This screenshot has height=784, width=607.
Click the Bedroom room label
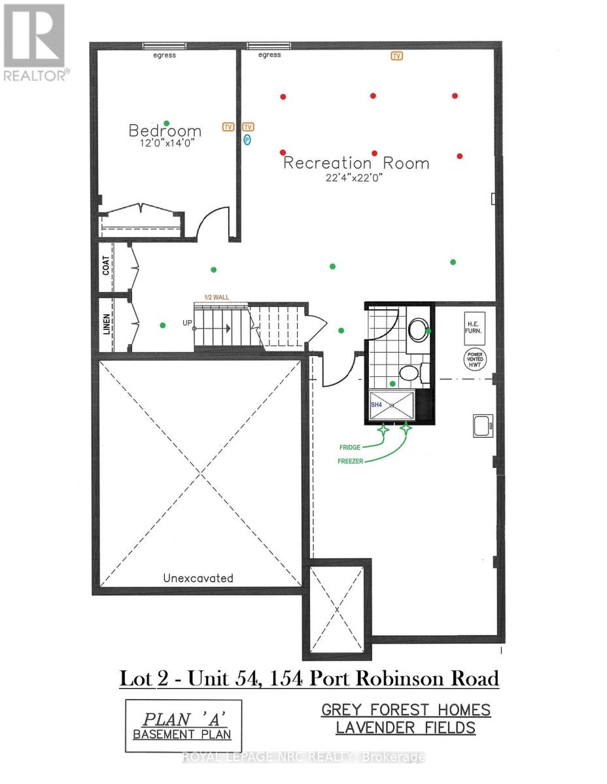pyautogui.click(x=165, y=131)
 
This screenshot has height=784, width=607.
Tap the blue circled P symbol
pyautogui.click(x=247, y=139)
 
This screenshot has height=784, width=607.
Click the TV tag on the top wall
pyautogui.click(x=396, y=56)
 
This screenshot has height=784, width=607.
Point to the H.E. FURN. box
pyautogui.click(x=474, y=328)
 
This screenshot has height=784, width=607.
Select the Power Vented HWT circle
pyautogui.click(x=474, y=360)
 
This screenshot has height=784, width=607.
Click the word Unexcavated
pyautogui.click(x=198, y=578)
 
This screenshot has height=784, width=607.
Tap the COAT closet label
pyautogui.click(x=107, y=265)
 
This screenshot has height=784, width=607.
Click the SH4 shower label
pyautogui.click(x=376, y=405)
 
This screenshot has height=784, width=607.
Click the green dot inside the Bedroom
pyautogui.click(x=167, y=123)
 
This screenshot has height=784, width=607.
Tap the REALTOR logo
pyautogui.click(x=34, y=42)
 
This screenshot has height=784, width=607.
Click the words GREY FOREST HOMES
pyautogui.click(x=406, y=710)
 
